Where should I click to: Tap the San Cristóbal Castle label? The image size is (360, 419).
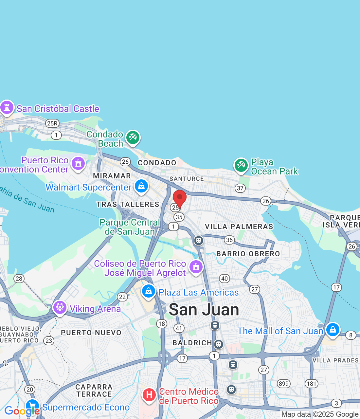coord(58,109)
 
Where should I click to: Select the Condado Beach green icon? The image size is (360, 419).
coord(133,137)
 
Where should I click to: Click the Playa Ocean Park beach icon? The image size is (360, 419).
coord(241,165)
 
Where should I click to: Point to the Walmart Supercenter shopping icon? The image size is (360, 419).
coord(141,186)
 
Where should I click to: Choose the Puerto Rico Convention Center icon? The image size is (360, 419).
coord(78,163)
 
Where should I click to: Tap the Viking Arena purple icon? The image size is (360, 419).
coord(60,307)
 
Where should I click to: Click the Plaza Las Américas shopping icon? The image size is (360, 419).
coord(148,291)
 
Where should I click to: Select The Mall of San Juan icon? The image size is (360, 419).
coord(333,330)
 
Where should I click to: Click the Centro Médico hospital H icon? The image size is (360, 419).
coord(149,395)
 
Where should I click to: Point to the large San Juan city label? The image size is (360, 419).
coord(204,310)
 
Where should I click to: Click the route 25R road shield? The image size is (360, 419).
coord(52,123)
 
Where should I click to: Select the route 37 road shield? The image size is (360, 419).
coord(240,188)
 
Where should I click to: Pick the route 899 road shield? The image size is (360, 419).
coord(284,384)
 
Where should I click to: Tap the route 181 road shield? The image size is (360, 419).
coord(311,384)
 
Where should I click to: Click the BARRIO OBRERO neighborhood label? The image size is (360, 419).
coord(248,254)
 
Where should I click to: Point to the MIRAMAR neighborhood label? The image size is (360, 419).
coord(112,176)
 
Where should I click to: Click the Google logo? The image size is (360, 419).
coord(22,411)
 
